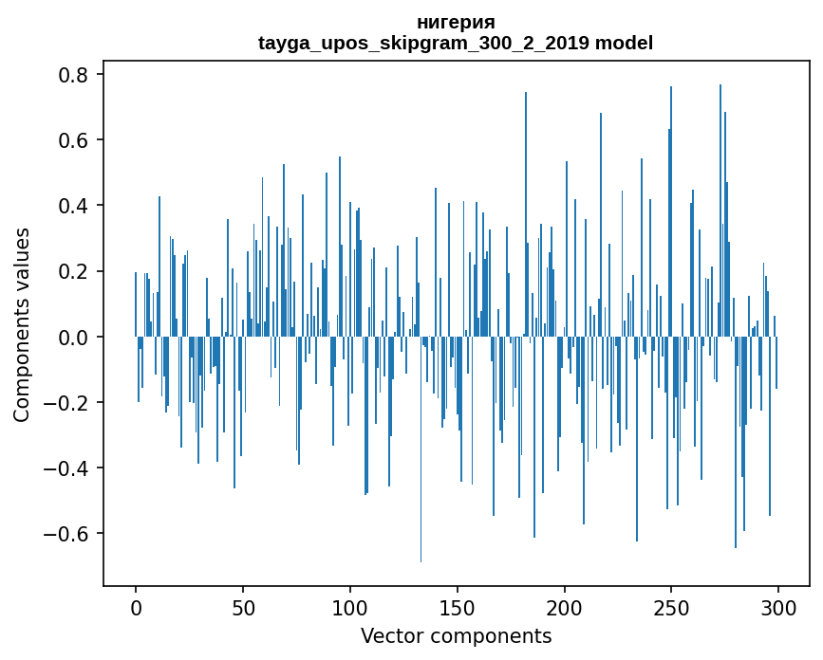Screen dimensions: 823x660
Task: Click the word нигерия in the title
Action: point(456,23)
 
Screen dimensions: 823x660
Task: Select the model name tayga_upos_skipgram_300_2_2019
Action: point(423,43)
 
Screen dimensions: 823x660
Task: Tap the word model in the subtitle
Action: point(624,43)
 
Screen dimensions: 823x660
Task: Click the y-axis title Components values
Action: point(22,325)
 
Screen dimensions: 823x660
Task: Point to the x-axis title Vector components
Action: point(456,636)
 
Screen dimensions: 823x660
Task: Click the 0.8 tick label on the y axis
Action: point(72,75)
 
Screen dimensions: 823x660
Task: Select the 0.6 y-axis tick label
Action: point(72,140)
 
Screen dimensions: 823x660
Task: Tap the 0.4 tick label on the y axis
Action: point(72,206)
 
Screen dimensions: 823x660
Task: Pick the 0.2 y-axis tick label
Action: point(72,271)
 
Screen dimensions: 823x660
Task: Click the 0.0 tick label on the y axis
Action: point(72,337)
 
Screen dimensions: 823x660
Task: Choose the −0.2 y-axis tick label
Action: point(65,403)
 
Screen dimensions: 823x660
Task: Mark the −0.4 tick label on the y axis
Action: point(65,468)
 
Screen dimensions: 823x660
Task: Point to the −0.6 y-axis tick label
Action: point(65,534)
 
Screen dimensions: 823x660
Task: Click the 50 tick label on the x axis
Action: point(243,609)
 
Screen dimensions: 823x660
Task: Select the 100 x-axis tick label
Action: point(350,609)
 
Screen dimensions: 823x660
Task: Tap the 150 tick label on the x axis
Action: point(458,609)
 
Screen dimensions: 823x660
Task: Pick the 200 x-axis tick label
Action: point(564,609)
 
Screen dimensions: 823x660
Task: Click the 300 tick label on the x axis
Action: point(778,609)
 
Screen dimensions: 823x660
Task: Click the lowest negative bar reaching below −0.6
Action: point(421,449)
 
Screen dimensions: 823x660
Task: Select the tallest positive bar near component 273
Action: point(720,211)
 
